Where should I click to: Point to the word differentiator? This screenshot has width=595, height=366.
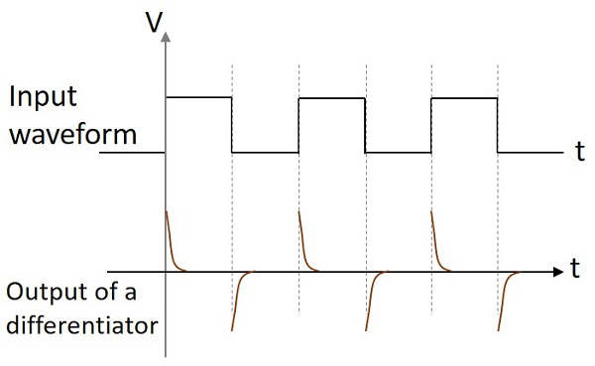click(x=79, y=324)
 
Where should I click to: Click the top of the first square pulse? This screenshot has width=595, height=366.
click(x=198, y=97)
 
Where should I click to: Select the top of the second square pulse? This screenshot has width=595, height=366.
click(x=331, y=97)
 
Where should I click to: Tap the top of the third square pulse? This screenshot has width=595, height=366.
click(x=464, y=97)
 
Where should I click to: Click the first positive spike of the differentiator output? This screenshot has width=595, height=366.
click(x=171, y=238)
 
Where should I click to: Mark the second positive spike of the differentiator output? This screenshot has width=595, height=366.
click(x=303, y=238)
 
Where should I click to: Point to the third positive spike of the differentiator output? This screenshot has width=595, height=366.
click(x=436, y=238)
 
